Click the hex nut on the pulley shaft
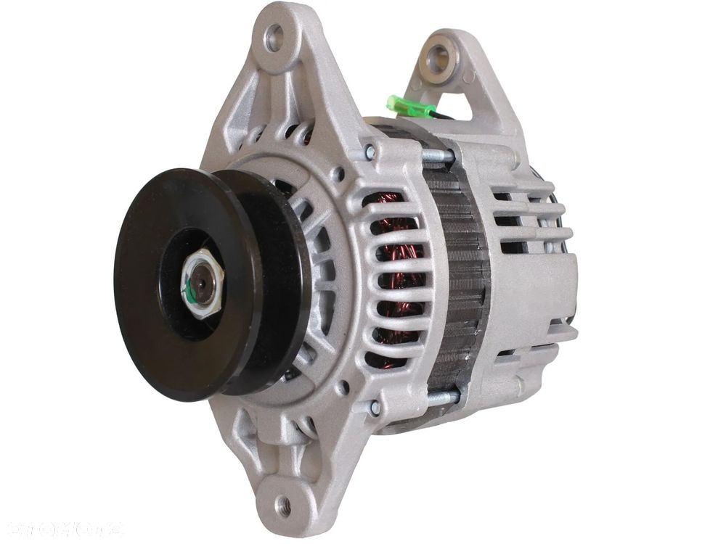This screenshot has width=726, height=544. (201, 285)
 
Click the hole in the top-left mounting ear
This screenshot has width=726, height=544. (275, 38)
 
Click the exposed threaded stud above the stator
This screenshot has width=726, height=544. (436, 155)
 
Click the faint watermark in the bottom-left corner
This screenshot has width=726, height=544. (62, 527)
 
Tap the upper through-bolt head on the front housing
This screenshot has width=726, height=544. (370, 152)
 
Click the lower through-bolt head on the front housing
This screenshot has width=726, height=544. (375, 408)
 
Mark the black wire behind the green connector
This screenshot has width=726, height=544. (444, 115)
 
